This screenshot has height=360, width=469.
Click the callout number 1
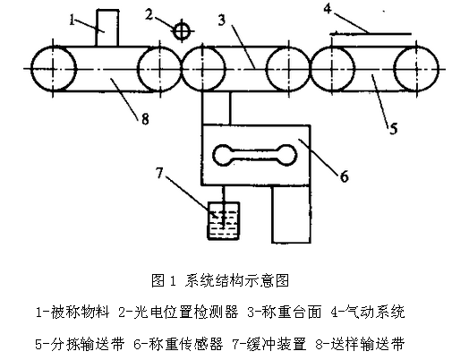coord(72,20)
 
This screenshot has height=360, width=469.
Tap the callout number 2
coord(149,14)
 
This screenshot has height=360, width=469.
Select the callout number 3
coord(222,21)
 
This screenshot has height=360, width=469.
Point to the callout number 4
coord(328,8)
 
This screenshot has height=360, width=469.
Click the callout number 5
coord(393,129)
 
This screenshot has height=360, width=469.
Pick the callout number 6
coord(345,176)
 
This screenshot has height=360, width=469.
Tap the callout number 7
coord(159,173)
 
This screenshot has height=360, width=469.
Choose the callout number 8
coord(145,119)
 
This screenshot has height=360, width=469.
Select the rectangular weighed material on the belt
coord(107,28)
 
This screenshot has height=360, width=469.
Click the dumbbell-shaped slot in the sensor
coord(255,155)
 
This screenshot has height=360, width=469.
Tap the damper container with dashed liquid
coord(224,221)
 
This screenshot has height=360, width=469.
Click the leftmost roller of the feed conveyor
coord(54,69)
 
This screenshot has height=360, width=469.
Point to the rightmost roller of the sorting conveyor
coord(416,69)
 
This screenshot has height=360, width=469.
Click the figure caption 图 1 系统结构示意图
coord(220,280)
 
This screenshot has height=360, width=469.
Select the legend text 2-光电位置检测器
coord(179,313)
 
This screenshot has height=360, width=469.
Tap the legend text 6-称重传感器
coord(179,344)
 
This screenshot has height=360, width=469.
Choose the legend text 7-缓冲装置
coord(269,344)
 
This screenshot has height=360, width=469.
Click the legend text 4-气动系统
coord(368,313)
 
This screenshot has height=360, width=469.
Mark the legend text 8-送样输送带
coord(360,344)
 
